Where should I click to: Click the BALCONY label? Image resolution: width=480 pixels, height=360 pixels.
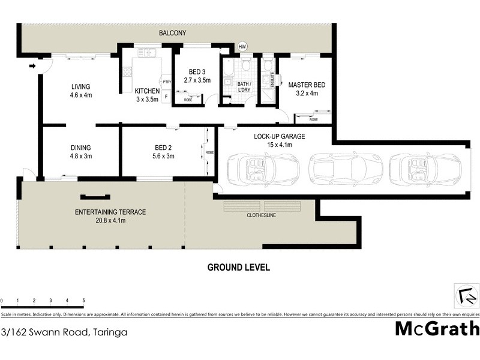(x=172, y=33)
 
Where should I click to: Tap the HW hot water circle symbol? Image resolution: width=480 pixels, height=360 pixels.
(x=242, y=47)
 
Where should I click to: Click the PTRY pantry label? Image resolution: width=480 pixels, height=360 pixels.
(x=166, y=82)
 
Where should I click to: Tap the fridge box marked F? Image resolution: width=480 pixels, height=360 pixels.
(x=166, y=95)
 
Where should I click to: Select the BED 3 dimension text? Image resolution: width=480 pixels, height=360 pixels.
(x=197, y=79)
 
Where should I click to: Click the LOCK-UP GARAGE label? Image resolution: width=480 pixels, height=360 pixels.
(x=279, y=140)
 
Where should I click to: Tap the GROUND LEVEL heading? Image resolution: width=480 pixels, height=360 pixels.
(x=238, y=267)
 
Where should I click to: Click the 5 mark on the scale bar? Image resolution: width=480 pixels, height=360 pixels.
(x=83, y=300)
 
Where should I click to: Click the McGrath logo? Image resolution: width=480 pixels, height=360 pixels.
(x=436, y=328)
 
